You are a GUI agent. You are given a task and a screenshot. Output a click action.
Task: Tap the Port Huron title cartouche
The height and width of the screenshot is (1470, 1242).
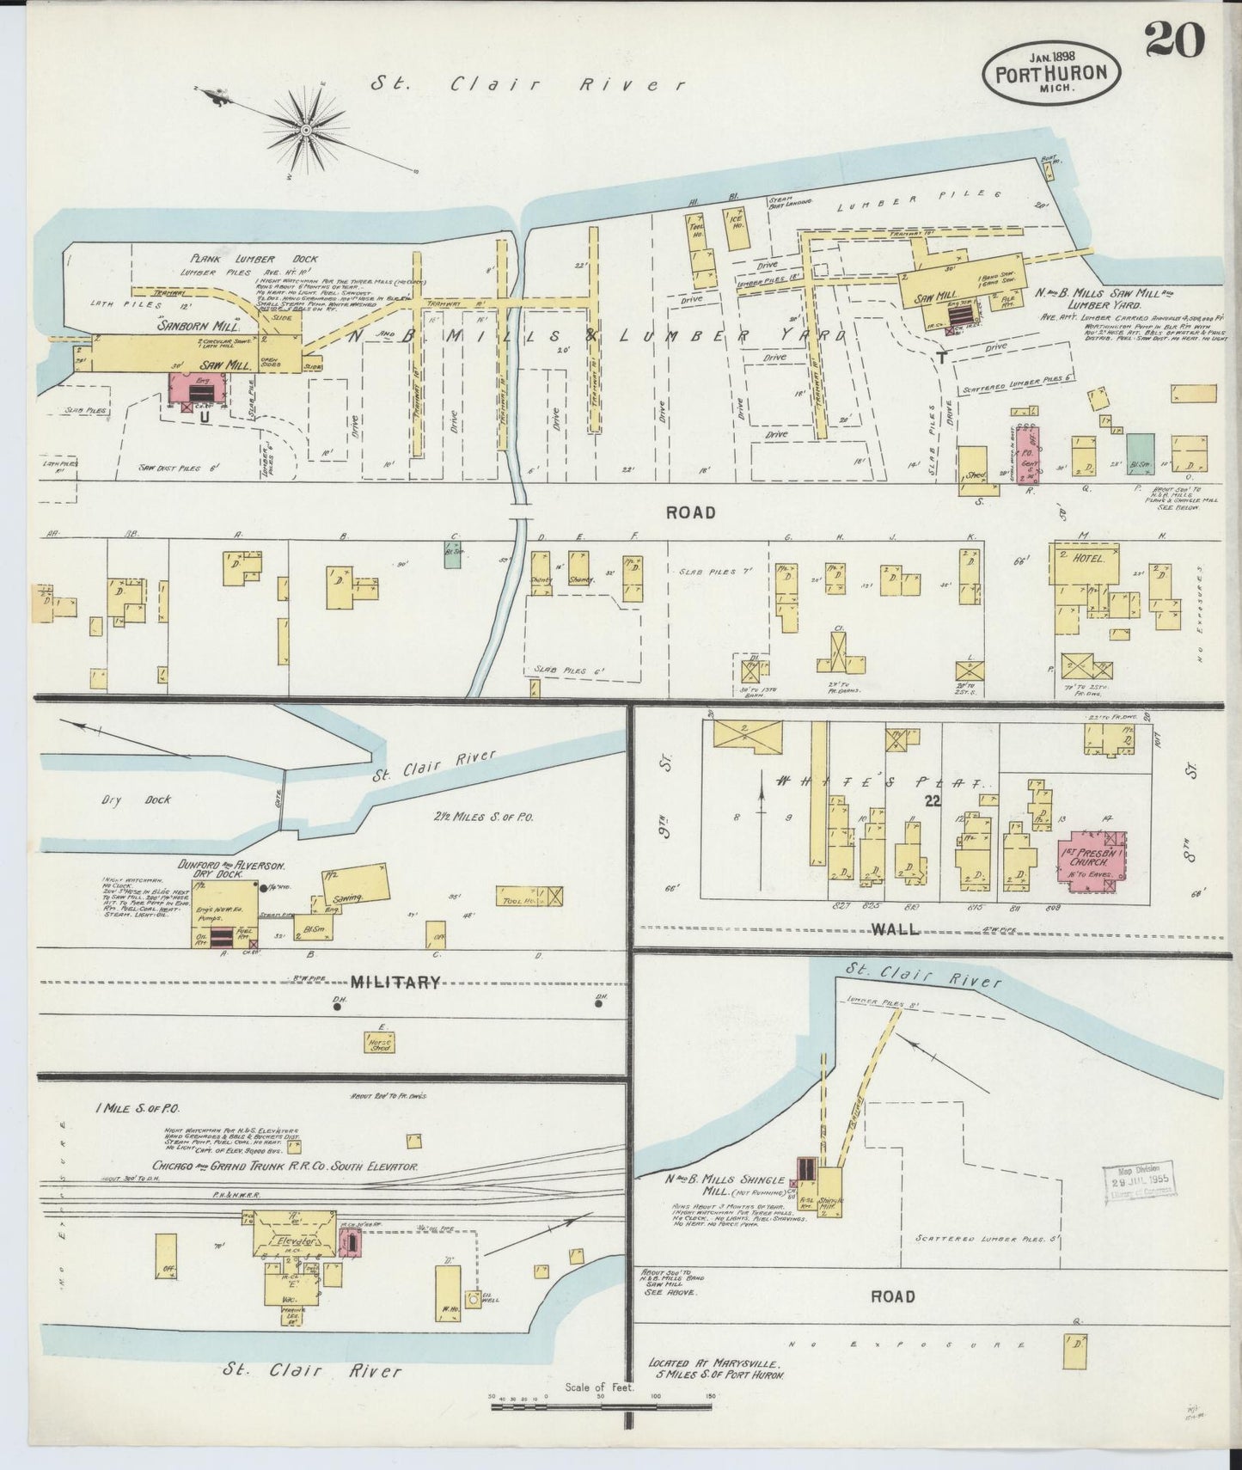coord(1050,72)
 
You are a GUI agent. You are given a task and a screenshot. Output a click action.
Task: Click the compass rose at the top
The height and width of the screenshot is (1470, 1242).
coord(305,130)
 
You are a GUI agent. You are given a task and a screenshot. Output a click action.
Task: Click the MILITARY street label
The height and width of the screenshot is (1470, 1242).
coord(395,982)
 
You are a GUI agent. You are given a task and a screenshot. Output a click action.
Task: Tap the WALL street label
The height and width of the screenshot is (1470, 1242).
coord(896,929)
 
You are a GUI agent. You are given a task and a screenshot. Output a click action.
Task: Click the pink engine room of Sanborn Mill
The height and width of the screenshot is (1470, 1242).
coord(204,391)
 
